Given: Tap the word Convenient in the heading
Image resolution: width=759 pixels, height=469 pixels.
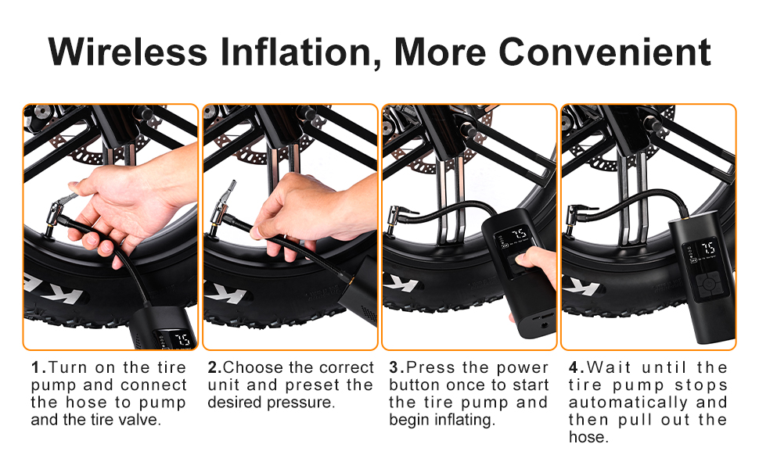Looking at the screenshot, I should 604,52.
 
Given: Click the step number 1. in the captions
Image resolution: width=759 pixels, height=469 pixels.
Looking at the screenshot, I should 38,367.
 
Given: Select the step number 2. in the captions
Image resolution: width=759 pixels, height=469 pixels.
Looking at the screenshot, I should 215,367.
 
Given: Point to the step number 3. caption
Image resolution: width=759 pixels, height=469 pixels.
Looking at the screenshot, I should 397,367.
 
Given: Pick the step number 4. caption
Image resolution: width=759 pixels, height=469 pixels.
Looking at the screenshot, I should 577,367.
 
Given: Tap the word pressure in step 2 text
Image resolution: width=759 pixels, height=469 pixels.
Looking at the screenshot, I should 304,403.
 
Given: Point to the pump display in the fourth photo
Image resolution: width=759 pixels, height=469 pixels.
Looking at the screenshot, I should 700,250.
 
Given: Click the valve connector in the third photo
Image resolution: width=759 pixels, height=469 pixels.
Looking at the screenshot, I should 399,215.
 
